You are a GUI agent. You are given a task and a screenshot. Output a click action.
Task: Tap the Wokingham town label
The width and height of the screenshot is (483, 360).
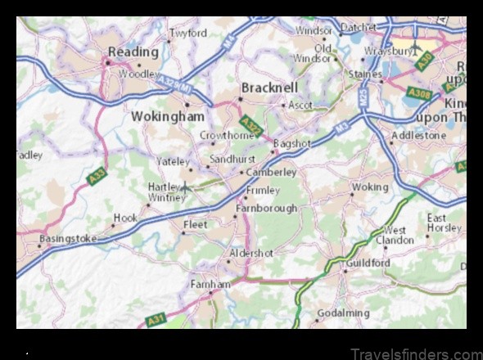[168, 117]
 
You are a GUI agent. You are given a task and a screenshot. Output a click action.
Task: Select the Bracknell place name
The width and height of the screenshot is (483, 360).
[269, 87]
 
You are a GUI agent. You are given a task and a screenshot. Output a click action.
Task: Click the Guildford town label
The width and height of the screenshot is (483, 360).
[367, 263]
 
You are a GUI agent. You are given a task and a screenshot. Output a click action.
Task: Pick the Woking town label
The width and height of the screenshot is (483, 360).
[369, 187]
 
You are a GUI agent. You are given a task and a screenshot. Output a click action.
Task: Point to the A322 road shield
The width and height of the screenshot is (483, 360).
[252, 128]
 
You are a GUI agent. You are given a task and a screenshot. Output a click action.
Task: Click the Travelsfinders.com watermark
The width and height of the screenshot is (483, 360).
[415, 353]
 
